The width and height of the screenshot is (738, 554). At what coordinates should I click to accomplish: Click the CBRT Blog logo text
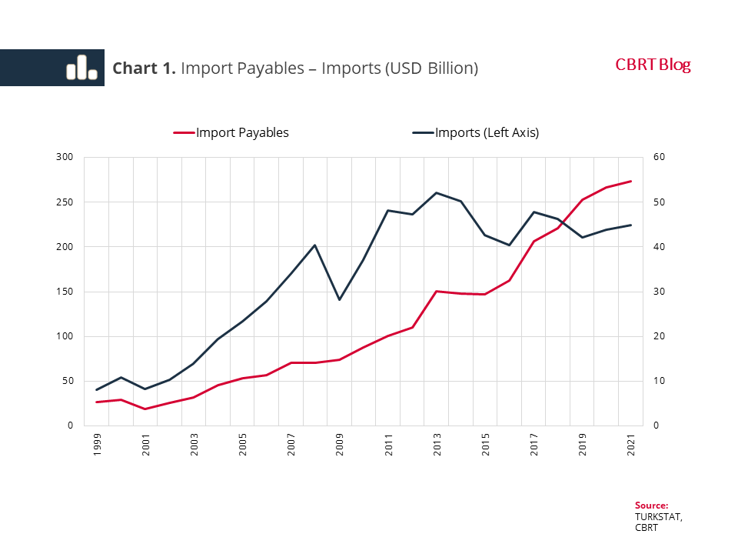[x=653, y=65]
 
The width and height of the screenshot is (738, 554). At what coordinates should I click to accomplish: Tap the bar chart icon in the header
[x=81, y=68]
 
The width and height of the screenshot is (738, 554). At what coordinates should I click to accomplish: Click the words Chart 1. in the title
[x=145, y=68]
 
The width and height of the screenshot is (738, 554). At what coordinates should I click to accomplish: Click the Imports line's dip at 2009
[x=340, y=299]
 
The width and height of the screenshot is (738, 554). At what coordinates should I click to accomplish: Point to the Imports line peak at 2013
[x=437, y=192]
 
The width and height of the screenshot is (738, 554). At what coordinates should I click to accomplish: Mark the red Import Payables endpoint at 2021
[x=631, y=182]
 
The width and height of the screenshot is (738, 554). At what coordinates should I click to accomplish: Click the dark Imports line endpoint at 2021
[x=631, y=225]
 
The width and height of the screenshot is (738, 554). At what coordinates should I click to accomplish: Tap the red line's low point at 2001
[x=145, y=409]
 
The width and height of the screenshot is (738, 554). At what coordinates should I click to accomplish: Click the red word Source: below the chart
[x=651, y=506]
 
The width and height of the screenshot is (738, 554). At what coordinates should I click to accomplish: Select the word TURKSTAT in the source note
[x=658, y=517]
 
